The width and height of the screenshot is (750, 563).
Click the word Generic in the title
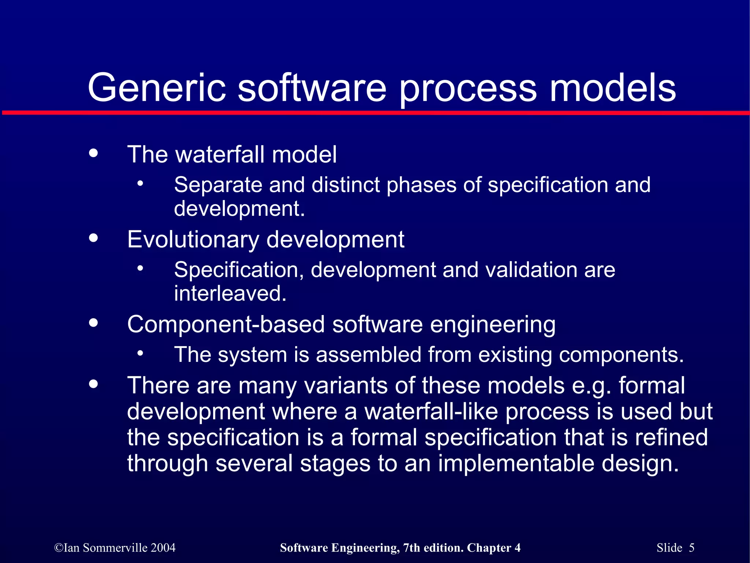pyautogui.click(x=157, y=88)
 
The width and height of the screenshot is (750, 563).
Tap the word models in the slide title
pyautogui.click(x=612, y=88)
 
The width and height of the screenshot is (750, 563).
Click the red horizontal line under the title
pyautogui.click(x=375, y=113)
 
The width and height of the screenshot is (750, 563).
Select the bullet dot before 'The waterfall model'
pyautogui.click(x=94, y=153)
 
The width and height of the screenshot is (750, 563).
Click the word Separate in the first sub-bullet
pyautogui.click(x=218, y=185)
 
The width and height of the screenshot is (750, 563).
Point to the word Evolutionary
pyautogui.click(x=193, y=240)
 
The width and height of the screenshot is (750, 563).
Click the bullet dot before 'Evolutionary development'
pyautogui.click(x=94, y=238)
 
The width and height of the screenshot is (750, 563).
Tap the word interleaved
pyautogui.click(x=230, y=294)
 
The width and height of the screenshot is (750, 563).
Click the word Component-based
pyautogui.click(x=226, y=325)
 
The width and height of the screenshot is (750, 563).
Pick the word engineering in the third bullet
pyautogui.click(x=493, y=325)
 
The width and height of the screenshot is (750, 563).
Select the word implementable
pyautogui.click(x=516, y=464)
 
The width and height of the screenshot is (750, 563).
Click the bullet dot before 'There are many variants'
pyautogui.click(x=94, y=384)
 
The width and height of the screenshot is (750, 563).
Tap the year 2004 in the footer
pyautogui.click(x=163, y=548)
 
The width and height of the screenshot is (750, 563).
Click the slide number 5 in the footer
pyautogui.click(x=691, y=548)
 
